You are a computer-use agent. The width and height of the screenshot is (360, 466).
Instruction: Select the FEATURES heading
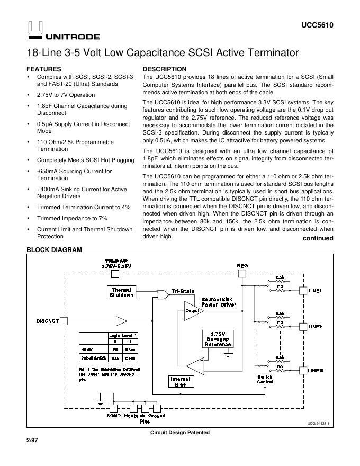pyautogui.click(x=44, y=69)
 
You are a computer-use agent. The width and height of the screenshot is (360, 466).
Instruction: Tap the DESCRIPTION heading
pyautogui.click(x=165, y=69)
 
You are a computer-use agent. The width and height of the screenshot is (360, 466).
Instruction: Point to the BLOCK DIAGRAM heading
pyautogui.click(x=55, y=250)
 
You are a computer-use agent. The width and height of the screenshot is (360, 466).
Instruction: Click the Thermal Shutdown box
pyautogui.click(x=121, y=292)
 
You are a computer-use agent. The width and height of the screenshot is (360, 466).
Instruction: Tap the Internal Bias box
pyautogui.click(x=180, y=382)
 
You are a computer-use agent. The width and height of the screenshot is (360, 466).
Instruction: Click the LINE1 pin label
pyautogui.click(x=316, y=291)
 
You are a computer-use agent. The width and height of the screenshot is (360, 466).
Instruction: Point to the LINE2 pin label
pyautogui.click(x=316, y=326)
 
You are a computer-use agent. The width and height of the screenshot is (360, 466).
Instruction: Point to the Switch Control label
pyautogui.click(x=265, y=379)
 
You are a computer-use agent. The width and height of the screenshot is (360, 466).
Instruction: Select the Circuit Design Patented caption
pyautogui.click(x=180, y=433)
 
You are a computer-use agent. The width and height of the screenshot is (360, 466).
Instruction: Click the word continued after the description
pyautogui.click(x=318, y=238)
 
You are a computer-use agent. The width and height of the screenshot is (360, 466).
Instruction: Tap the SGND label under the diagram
pyautogui.click(x=114, y=416)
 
